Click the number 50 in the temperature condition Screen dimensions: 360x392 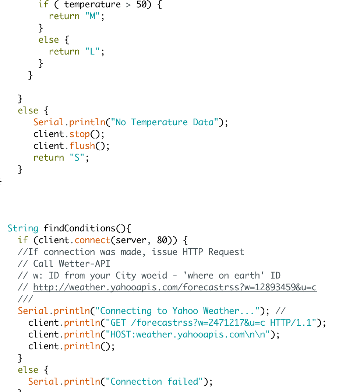pyautogui.click(x=141, y=5)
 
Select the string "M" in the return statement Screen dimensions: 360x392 pyautogui.click(x=92, y=17)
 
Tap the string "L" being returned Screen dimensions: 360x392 pyautogui.click(x=92, y=52)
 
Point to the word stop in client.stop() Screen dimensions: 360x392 pyautogui.click(x=80, y=134)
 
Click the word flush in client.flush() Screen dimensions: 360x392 pyautogui.click(x=82, y=146)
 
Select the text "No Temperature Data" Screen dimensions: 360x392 pyautogui.click(x=165, y=123)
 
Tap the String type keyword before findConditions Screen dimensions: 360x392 pyautogui.click(x=23, y=229)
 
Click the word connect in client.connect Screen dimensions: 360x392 pyautogui.click(x=92, y=241)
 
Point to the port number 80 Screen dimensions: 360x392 pyautogui.click(x=162, y=241)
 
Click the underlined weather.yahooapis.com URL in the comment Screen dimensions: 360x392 pyautogui.click(x=175, y=288)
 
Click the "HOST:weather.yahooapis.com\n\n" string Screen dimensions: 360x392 pyautogui.click(x=188, y=335)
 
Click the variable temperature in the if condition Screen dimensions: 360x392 pyautogui.click(x=92, y=5)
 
